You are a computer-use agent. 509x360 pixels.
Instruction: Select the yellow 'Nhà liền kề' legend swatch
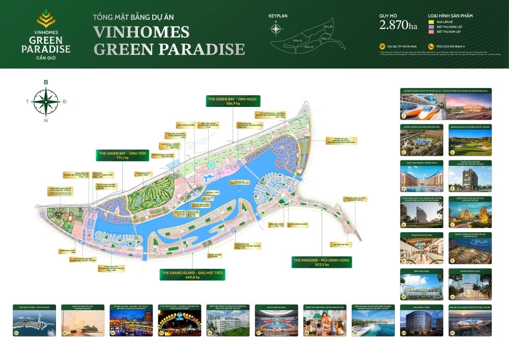click(x=431, y=22)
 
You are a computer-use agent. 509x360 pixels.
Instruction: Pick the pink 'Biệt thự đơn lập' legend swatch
click(x=431, y=32)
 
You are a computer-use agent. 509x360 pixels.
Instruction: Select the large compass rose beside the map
click(x=46, y=101)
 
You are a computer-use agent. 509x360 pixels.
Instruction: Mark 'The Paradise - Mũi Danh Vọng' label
click(x=322, y=262)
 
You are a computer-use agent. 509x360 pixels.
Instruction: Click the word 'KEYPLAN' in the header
click(x=278, y=16)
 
